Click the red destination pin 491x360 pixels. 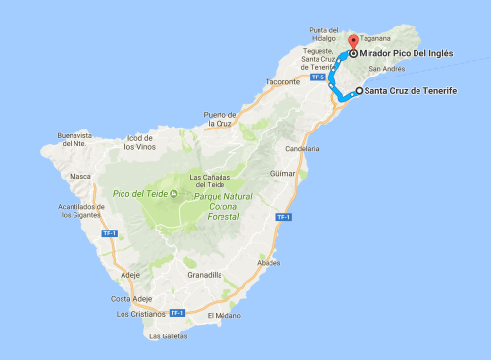[352, 41]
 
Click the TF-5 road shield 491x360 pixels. [316, 77]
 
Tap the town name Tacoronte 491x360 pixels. [281, 82]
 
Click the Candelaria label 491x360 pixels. [302, 148]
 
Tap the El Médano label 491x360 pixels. [223, 316]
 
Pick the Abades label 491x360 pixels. [268, 263]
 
